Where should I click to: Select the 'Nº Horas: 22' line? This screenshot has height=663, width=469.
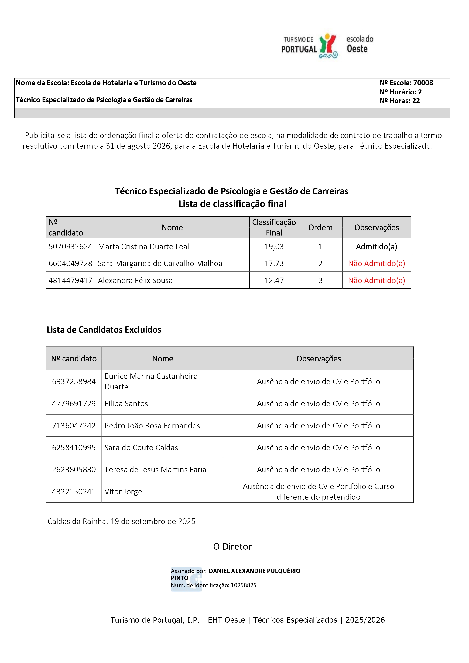pyautogui.click(x=399, y=101)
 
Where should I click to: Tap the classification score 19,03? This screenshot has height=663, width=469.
pyautogui.click(x=274, y=247)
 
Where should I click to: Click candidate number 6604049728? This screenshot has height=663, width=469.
pyautogui.click(x=70, y=263)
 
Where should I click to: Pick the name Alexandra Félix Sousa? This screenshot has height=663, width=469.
pyautogui.click(x=135, y=280)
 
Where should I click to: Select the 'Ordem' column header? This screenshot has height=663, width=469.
pyautogui.click(x=320, y=227)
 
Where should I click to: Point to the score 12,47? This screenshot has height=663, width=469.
pyautogui.click(x=274, y=280)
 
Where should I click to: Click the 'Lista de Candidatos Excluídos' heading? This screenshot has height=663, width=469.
pyautogui.click(x=104, y=330)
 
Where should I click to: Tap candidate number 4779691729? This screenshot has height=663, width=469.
pyautogui.click(x=74, y=404)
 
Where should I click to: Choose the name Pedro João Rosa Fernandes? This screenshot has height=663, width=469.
pyautogui.click(x=152, y=426)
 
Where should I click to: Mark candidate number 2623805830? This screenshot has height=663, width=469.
pyautogui.click(x=74, y=470)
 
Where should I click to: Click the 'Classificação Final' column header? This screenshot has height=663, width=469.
pyautogui.click(x=274, y=227)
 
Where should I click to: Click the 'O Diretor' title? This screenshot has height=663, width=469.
pyautogui.click(x=232, y=547)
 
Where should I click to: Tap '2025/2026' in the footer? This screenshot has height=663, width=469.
pyautogui.click(x=365, y=620)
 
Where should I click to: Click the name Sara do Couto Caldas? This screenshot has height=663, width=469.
pyautogui.click(x=141, y=448)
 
